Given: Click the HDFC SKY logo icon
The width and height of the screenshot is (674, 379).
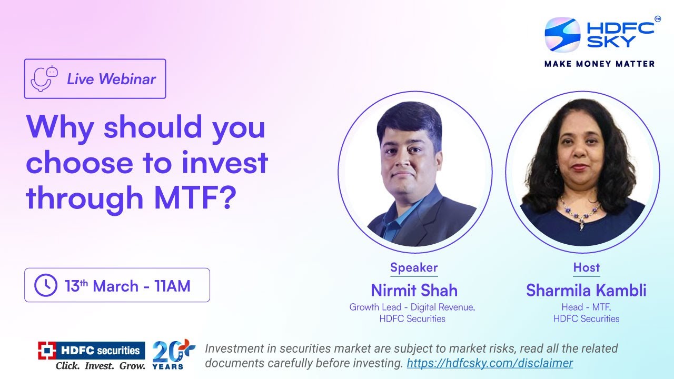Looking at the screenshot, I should coord(562,35).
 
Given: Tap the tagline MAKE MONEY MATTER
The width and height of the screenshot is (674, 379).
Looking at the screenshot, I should coord(599,64).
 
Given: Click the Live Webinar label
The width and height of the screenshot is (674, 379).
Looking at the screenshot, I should coord(111,79).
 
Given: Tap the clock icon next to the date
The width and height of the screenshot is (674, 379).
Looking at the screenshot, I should coord(46,285).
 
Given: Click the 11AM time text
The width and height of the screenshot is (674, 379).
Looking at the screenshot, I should coord(172,286).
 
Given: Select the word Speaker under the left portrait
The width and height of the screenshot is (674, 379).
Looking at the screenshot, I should coord(414,267).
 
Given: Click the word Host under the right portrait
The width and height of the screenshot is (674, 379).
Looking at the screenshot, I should coord(586,267).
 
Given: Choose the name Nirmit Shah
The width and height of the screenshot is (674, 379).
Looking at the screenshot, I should coord(414,290).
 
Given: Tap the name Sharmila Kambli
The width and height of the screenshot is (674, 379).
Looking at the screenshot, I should coord(586,290).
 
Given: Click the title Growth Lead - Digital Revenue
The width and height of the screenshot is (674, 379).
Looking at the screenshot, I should coord(412,307).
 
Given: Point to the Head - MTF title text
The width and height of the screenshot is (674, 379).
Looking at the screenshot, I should coord(586,307).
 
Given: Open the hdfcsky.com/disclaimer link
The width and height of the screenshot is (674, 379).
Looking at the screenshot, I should coord(490,363).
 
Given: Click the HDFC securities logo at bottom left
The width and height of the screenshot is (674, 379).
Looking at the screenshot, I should coord(91,350).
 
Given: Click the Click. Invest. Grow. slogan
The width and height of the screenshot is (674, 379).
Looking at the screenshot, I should coord(100,365).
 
